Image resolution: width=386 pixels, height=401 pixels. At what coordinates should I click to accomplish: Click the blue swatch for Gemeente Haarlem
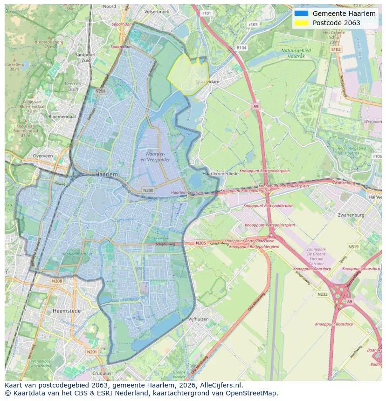[x=302, y=14]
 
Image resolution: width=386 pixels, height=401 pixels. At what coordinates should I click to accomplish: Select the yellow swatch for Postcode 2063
[x=302, y=23]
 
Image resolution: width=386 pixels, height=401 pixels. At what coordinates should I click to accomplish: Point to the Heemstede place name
[x=67, y=311]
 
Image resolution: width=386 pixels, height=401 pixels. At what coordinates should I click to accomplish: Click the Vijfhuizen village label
[x=199, y=319]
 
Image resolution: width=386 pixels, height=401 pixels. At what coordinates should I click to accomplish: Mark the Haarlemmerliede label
[x=220, y=173]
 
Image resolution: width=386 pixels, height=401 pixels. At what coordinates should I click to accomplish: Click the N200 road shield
[x=148, y=190]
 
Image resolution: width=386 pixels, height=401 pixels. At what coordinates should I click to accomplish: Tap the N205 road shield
[x=200, y=243]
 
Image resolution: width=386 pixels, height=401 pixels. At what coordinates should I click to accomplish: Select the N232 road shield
[x=322, y=294]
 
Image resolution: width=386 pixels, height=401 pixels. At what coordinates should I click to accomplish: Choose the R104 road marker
[x=241, y=48]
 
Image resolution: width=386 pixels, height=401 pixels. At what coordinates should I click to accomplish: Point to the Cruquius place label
[x=102, y=373]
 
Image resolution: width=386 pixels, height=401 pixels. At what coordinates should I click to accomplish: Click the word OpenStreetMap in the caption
[x=254, y=393]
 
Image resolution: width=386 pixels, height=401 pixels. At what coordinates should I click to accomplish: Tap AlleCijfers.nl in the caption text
[x=220, y=385]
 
